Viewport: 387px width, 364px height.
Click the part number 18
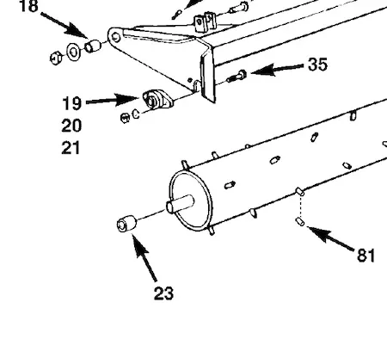28,6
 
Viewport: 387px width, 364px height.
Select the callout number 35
317,65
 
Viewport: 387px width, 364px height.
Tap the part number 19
71,103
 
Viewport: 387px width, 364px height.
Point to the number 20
71,126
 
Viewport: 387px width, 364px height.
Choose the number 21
71,148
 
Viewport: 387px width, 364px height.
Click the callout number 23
163,293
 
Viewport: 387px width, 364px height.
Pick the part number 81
366,255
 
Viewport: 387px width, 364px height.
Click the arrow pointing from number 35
277,69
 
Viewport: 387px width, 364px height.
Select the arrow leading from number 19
112,100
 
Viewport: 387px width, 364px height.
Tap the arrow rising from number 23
144,257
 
